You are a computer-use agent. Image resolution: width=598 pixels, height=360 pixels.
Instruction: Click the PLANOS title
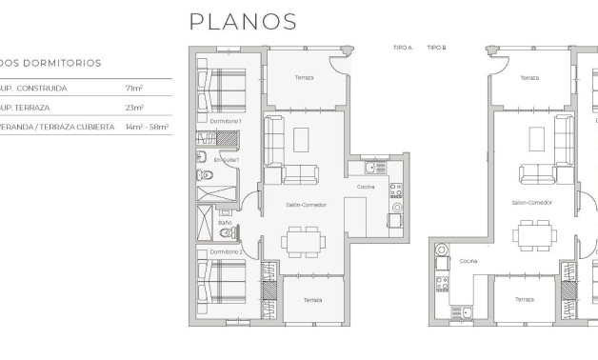point(242,21)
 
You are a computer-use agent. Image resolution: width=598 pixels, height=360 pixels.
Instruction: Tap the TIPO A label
point(402,47)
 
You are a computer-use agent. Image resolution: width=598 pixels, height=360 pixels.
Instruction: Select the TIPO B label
point(436,47)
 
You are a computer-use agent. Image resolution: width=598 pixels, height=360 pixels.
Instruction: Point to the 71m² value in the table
point(133,89)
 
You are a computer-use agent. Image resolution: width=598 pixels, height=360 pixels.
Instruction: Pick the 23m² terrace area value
point(133,108)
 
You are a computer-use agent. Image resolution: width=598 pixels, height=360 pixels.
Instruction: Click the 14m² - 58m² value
point(147,127)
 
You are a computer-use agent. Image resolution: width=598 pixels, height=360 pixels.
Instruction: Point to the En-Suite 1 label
point(227,159)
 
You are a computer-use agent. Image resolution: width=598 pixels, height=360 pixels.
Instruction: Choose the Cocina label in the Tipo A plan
point(365,187)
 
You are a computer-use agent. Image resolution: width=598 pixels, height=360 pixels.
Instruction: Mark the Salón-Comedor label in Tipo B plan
point(531,202)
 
